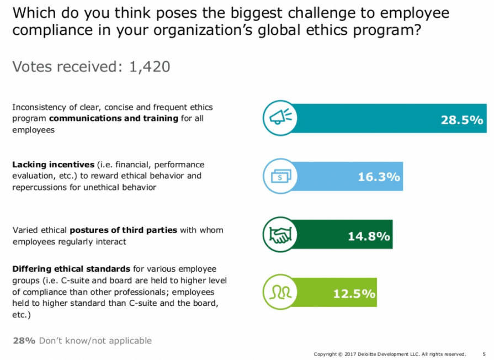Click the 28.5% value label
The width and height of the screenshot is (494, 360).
461,120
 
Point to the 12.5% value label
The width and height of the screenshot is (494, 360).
354,293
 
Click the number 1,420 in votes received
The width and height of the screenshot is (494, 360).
149,67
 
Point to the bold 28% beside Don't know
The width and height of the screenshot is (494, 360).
22,341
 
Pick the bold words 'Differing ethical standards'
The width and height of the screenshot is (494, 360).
71,269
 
